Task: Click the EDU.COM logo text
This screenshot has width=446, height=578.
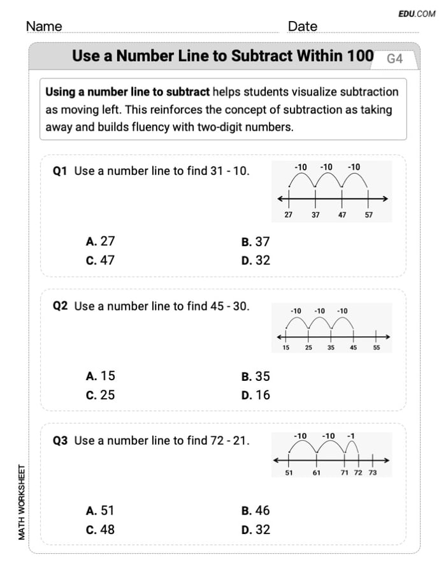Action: (x=417, y=13)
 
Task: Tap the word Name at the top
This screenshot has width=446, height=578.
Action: (x=44, y=26)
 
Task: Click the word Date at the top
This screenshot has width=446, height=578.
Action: (x=303, y=26)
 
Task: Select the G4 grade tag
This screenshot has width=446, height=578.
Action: (x=395, y=59)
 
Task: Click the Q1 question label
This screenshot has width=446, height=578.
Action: (x=61, y=171)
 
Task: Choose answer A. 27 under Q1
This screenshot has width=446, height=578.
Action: (x=100, y=241)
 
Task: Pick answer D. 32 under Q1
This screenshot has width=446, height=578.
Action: (x=255, y=260)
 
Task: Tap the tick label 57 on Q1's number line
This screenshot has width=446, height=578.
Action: (x=369, y=215)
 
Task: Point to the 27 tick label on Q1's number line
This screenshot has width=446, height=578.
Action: (x=289, y=215)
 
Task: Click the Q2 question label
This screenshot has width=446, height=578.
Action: (x=61, y=306)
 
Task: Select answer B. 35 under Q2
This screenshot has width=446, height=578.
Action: (x=255, y=376)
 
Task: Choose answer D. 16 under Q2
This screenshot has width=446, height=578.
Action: (x=255, y=395)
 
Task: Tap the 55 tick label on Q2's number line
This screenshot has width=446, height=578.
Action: (x=376, y=348)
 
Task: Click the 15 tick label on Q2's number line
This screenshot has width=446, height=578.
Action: (x=286, y=348)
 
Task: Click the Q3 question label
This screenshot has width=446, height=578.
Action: (x=61, y=440)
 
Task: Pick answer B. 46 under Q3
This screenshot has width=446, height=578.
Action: (x=255, y=510)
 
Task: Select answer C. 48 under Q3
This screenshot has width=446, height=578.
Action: (x=100, y=530)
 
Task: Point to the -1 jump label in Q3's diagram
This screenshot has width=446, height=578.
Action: (x=350, y=436)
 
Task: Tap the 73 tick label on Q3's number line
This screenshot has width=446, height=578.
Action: (x=373, y=473)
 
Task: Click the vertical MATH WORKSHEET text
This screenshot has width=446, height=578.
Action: (x=22, y=503)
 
